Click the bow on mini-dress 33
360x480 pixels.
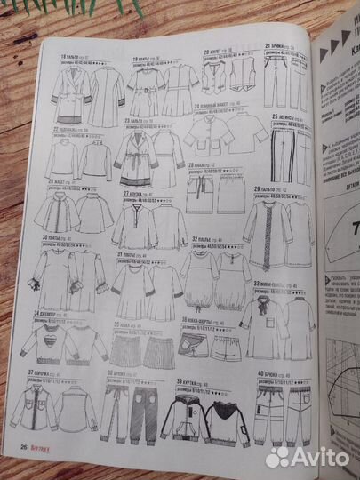tap(266, 303)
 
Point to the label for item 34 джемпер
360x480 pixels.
tap(48, 314)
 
